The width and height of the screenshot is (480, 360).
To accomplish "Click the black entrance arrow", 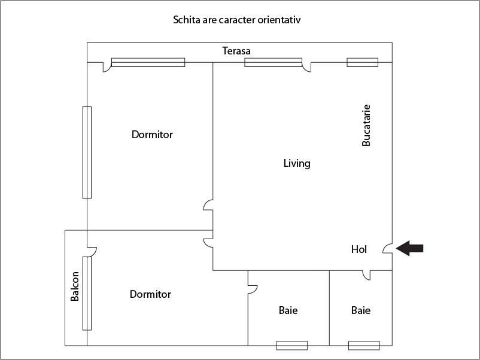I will click(x=410, y=248).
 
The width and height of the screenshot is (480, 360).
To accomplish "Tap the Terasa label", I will click(x=236, y=51).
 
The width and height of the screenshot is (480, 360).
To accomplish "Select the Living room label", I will click(x=297, y=163).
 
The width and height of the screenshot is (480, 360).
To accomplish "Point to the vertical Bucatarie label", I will click(x=367, y=126).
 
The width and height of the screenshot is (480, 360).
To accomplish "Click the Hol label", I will click(x=359, y=249).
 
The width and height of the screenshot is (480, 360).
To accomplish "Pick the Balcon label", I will click(x=75, y=286).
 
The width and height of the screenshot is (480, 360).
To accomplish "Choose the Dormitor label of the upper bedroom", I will click(x=152, y=135).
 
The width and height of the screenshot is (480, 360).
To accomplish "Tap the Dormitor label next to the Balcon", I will click(x=150, y=294).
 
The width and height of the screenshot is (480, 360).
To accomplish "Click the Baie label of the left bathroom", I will click(x=288, y=310).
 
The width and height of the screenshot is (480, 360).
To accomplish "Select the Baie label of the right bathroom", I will click(x=361, y=310).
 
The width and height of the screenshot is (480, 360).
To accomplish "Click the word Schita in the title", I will click(x=187, y=20).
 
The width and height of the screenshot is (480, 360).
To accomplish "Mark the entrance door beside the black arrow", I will click(x=388, y=248).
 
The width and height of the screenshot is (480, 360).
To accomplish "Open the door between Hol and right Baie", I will click(x=366, y=274).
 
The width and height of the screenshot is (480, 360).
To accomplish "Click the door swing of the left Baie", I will click(x=253, y=289).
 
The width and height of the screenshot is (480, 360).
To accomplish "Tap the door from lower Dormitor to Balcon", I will click(x=92, y=247).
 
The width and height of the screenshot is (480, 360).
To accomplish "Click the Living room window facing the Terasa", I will click(x=273, y=62).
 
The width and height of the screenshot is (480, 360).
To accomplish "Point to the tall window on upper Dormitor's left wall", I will click(x=87, y=152).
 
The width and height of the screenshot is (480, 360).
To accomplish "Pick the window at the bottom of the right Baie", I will click(x=364, y=345).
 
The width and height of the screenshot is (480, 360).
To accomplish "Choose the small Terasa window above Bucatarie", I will click(x=363, y=62).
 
